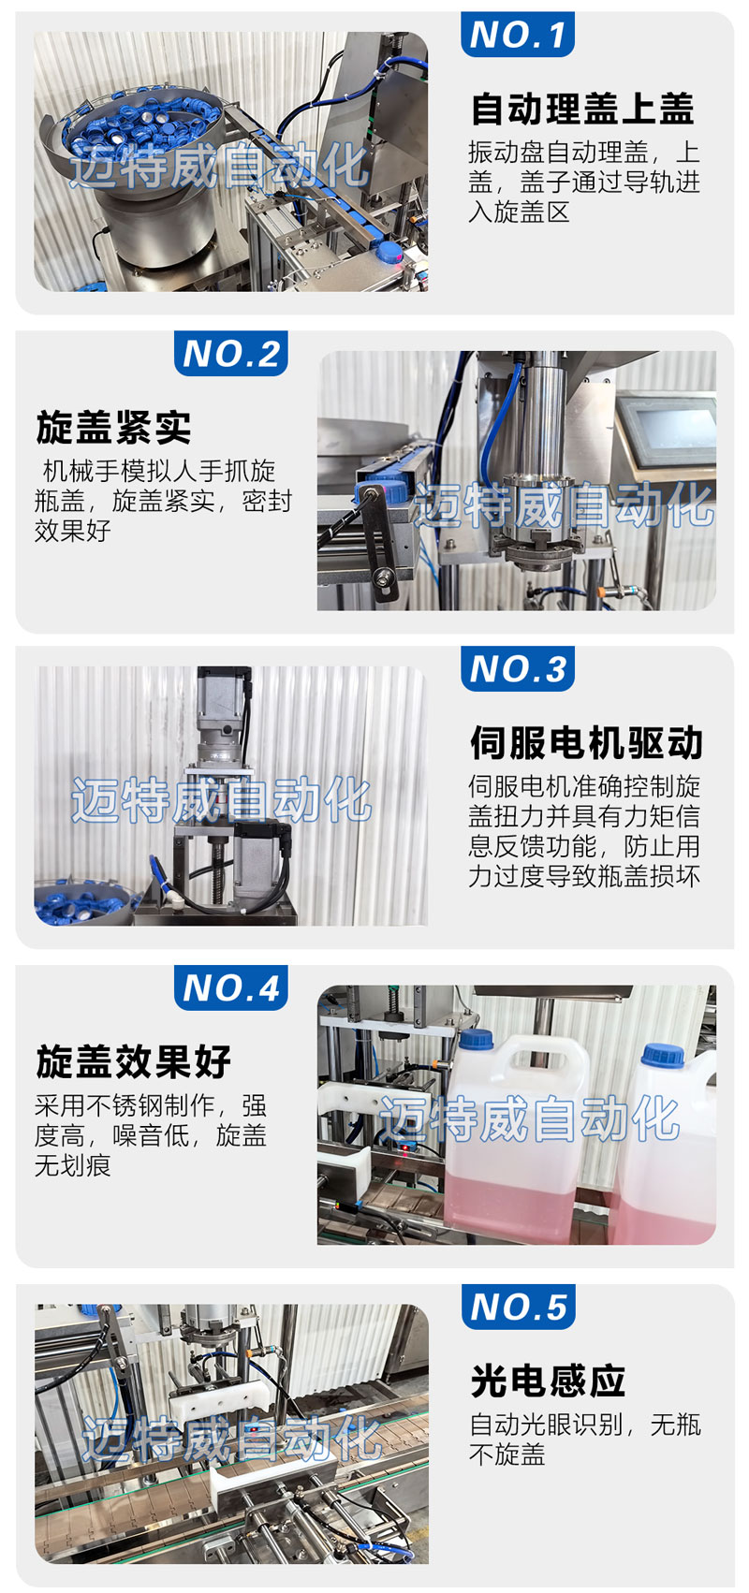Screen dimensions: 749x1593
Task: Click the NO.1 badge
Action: pyautogui.click(x=517, y=34)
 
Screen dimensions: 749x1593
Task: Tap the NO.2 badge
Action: pyautogui.click(x=231, y=354)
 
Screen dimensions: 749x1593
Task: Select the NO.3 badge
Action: pyautogui.click(x=517, y=668)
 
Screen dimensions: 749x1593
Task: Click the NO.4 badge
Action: pyautogui.click(x=231, y=987)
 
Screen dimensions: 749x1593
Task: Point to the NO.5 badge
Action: pyautogui.click(x=518, y=1307)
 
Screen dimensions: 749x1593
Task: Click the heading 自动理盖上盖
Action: pyautogui.click(x=581, y=109)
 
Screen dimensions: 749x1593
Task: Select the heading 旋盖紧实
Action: pyautogui.click(x=113, y=428)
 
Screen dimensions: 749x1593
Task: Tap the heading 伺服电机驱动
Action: pyautogui.click(x=586, y=742)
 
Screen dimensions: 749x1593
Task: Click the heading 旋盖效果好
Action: pyautogui.click(x=133, y=1061)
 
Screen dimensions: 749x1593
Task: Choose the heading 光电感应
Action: pyautogui.click(x=548, y=1381)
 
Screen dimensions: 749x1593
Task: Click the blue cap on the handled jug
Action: pyautogui.click(x=476, y=1039)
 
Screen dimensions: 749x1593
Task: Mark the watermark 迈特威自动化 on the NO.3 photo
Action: pyautogui.click(x=221, y=800)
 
